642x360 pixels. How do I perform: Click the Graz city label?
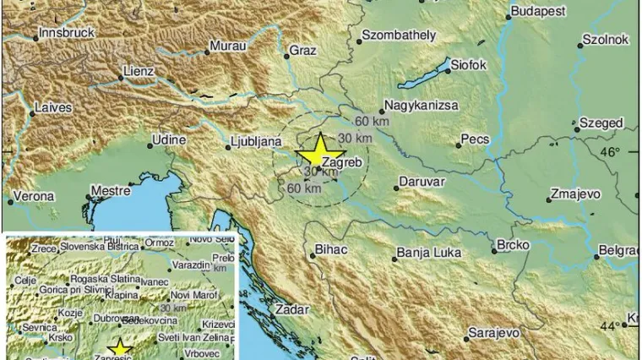(x=302, y=51)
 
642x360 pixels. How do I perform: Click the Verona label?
(x=35, y=196)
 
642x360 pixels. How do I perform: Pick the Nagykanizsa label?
(x=421, y=106)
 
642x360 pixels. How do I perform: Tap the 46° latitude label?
(x=609, y=152)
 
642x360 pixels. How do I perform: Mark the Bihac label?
(x=330, y=251)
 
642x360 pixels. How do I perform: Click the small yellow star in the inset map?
(x=120, y=348)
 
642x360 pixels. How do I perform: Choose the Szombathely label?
(x=398, y=35)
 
